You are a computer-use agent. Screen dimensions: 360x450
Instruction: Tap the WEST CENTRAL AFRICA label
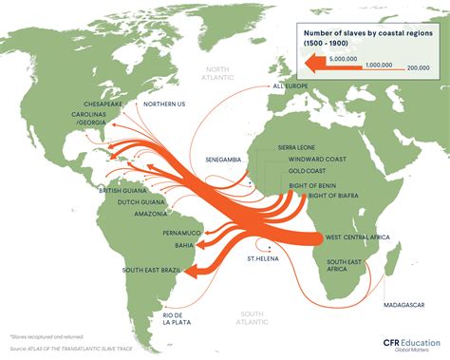point(361,236)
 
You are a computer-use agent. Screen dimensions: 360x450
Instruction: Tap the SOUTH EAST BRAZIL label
point(150,271)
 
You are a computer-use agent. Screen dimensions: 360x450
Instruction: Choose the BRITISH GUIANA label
point(122,191)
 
